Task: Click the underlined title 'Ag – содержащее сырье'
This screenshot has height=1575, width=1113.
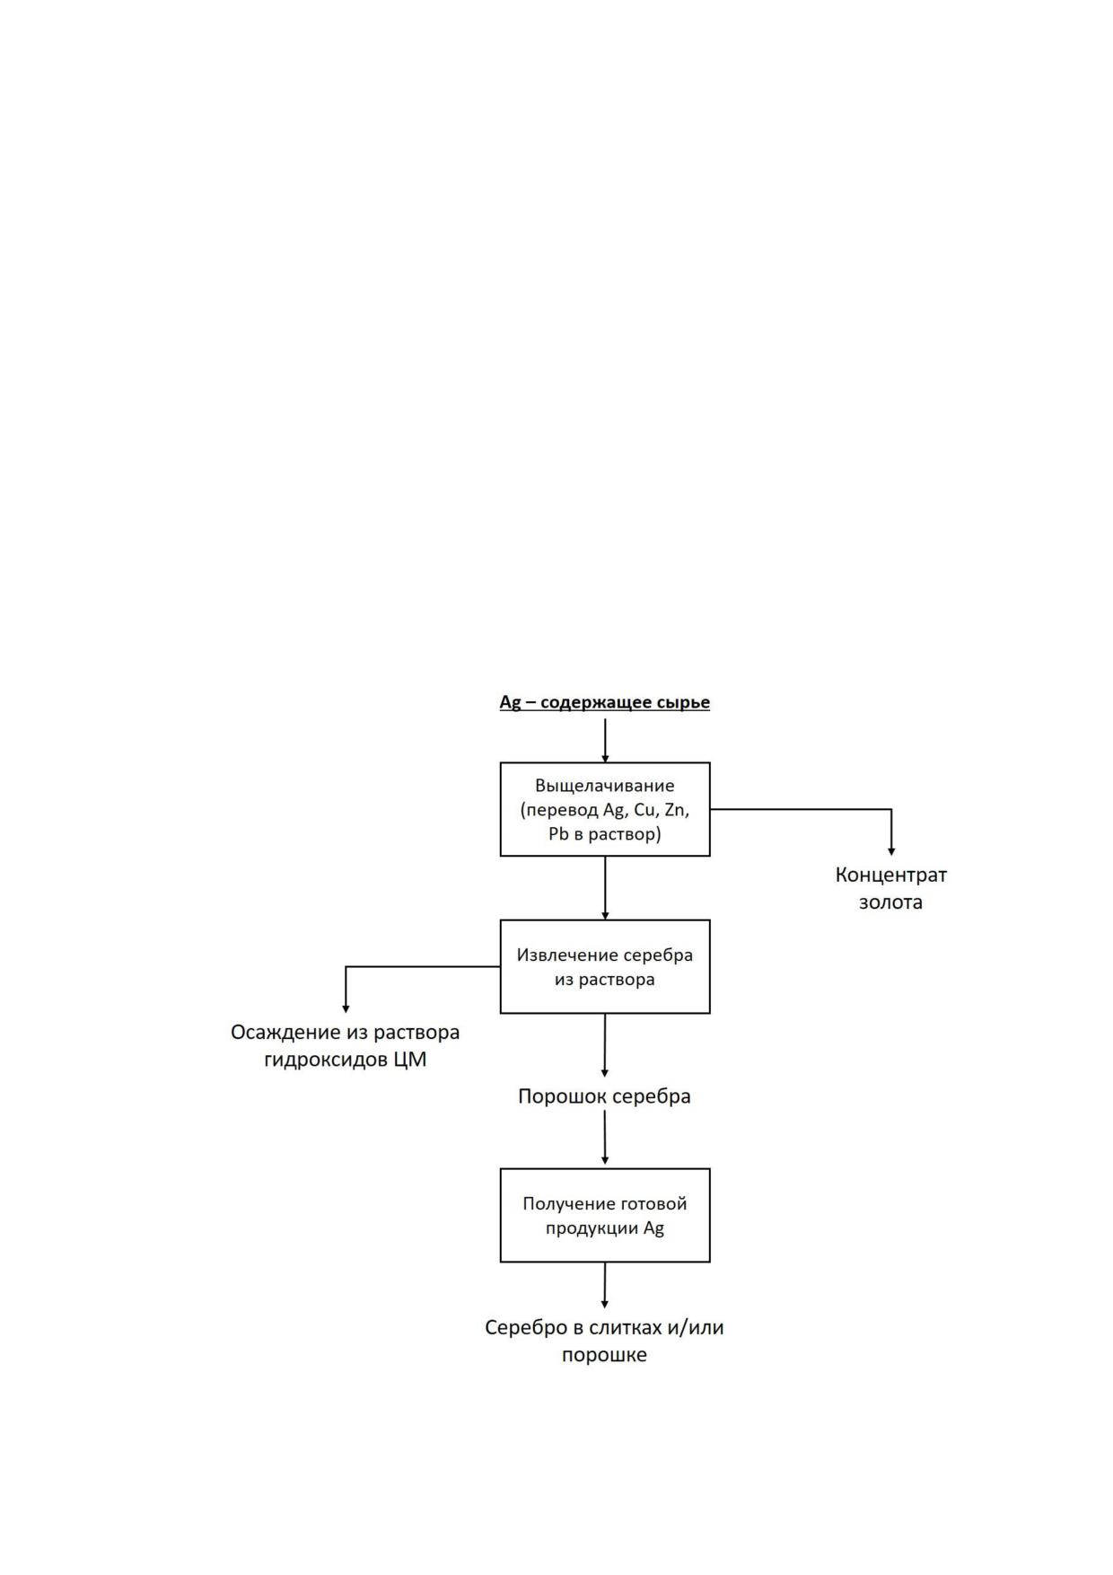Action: [604, 702]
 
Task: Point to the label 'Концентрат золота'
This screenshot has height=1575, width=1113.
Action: [890, 887]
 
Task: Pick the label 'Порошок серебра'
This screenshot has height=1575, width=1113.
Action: [604, 1096]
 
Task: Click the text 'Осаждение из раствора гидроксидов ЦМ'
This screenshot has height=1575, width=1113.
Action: [346, 1045]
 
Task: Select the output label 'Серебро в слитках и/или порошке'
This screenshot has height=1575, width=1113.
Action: [604, 1341]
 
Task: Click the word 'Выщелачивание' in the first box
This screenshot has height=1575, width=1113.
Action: [605, 786]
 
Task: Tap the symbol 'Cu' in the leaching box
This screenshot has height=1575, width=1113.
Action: [645, 810]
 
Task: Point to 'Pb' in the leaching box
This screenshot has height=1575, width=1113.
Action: [559, 834]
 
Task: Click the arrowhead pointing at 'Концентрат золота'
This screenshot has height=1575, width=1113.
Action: [891, 850]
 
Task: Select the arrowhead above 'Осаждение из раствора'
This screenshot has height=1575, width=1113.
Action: [346, 1008]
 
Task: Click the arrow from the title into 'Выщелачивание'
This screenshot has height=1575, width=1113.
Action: [605, 741]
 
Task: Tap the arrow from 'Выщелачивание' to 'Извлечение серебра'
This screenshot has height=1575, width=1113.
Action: [605, 888]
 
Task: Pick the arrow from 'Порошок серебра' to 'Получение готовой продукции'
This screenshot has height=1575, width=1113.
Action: [605, 1138]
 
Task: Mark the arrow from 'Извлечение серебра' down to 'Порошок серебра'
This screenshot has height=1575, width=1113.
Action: [605, 1045]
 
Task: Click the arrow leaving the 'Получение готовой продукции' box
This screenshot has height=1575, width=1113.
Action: [605, 1285]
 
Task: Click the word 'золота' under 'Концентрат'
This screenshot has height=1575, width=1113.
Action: [890, 902]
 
